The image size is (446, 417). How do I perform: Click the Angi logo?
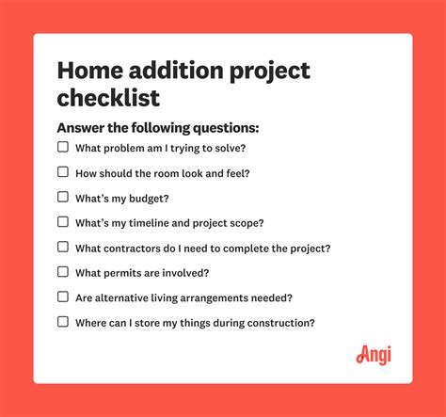pyautogui.click(x=374, y=355)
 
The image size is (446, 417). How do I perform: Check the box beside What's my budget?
pyautogui.click(x=63, y=197)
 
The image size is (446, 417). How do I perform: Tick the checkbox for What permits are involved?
pyautogui.click(x=63, y=271)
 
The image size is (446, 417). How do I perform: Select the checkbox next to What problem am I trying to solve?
pyautogui.click(x=63, y=147)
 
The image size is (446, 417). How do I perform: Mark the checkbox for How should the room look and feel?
pyautogui.click(x=63, y=171)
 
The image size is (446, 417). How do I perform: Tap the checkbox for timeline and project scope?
pyautogui.click(x=63, y=221)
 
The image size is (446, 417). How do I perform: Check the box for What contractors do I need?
pyautogui.click(x=63, y=247)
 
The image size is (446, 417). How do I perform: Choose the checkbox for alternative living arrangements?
pyautogui.click(x=63, y=297)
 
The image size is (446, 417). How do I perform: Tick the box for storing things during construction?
pyautogui.click(x=63, y=321)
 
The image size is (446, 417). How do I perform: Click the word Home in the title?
pyautogui.click(x=90, y=71)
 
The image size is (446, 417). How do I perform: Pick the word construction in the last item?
pyautogui.click(x=280, y=322)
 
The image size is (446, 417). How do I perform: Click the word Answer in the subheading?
pyautogui.click(x=83, y=127)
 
